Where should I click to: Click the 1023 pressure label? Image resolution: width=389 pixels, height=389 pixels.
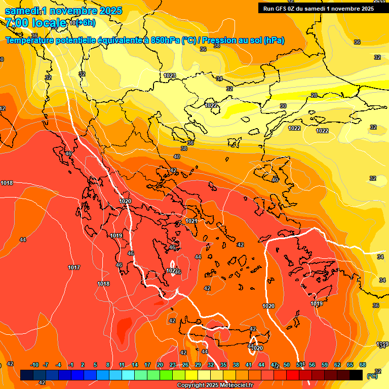[x=170, y=75]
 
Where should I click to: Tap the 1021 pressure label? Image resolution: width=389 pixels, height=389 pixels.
[x=191, y=221]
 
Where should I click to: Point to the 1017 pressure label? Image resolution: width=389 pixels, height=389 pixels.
[x=74, y=267]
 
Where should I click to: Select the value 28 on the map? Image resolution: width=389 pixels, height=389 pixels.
[x=314, y=95]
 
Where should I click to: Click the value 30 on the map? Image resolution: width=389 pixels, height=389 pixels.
[x=283, y=106]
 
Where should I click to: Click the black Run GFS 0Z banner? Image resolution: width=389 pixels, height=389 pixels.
[x=318, y=8]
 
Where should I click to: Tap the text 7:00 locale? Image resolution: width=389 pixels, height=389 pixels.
[x=35, y=23]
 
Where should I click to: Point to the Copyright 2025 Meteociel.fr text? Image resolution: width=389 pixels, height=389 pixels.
[x=215, y=385]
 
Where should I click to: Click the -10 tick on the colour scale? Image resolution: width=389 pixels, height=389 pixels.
[x=34, y=365]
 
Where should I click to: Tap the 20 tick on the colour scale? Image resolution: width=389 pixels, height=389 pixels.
[x=160, y=365]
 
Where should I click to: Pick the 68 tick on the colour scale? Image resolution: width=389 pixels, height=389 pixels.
[x=363, y=365]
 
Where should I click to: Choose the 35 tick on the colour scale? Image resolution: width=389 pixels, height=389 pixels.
[x=223, y=365]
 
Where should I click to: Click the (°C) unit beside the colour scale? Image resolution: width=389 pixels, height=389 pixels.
[x=372, y=375]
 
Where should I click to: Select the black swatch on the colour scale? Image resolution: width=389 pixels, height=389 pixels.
[x=356, y=375]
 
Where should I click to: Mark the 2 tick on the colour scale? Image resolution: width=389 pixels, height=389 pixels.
[x=83, y=365]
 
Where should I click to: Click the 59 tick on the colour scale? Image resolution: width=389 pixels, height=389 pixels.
[x=324, y=365]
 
